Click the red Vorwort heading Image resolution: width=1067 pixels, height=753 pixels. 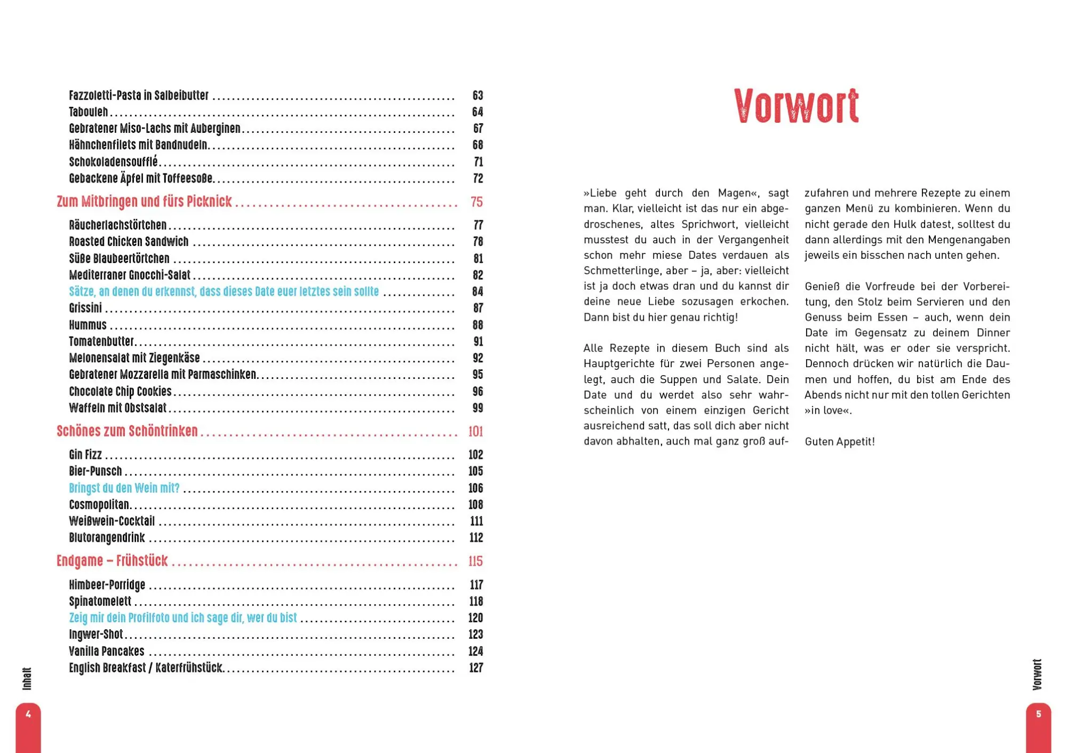[x=796, y=106]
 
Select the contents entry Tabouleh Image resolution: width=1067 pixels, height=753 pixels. [x=89, y=112]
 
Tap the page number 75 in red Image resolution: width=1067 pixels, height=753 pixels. [x=476, y=202]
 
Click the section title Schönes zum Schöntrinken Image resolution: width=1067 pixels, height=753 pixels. [x=127, y=431]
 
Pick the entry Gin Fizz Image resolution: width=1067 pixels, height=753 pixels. [x=85, y=455]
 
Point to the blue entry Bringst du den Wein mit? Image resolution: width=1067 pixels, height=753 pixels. [x=124, y=488]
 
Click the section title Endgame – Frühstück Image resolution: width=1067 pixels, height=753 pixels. [x=112, y=561]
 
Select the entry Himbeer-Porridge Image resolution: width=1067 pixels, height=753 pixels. [x=107, y=585]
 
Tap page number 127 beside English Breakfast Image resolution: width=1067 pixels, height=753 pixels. [x=476, y=668]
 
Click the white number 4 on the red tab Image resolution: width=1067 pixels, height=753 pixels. [x=28, y=714]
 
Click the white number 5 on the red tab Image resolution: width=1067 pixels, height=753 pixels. [x=1038, y=714]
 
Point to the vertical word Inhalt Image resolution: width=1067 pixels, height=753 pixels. [x=27, y=678]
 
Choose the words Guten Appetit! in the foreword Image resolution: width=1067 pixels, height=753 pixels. [x=840, y=442]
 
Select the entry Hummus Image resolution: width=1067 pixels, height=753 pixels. [x=87, y=325]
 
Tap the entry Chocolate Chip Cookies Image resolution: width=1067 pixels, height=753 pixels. [x=120, y=392]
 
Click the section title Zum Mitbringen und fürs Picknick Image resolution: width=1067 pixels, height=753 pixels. [x=144, y=202]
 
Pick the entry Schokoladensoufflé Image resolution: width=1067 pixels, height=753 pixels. [x=113, y=162]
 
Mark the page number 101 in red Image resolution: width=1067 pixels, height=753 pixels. [x=475, y=431]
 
